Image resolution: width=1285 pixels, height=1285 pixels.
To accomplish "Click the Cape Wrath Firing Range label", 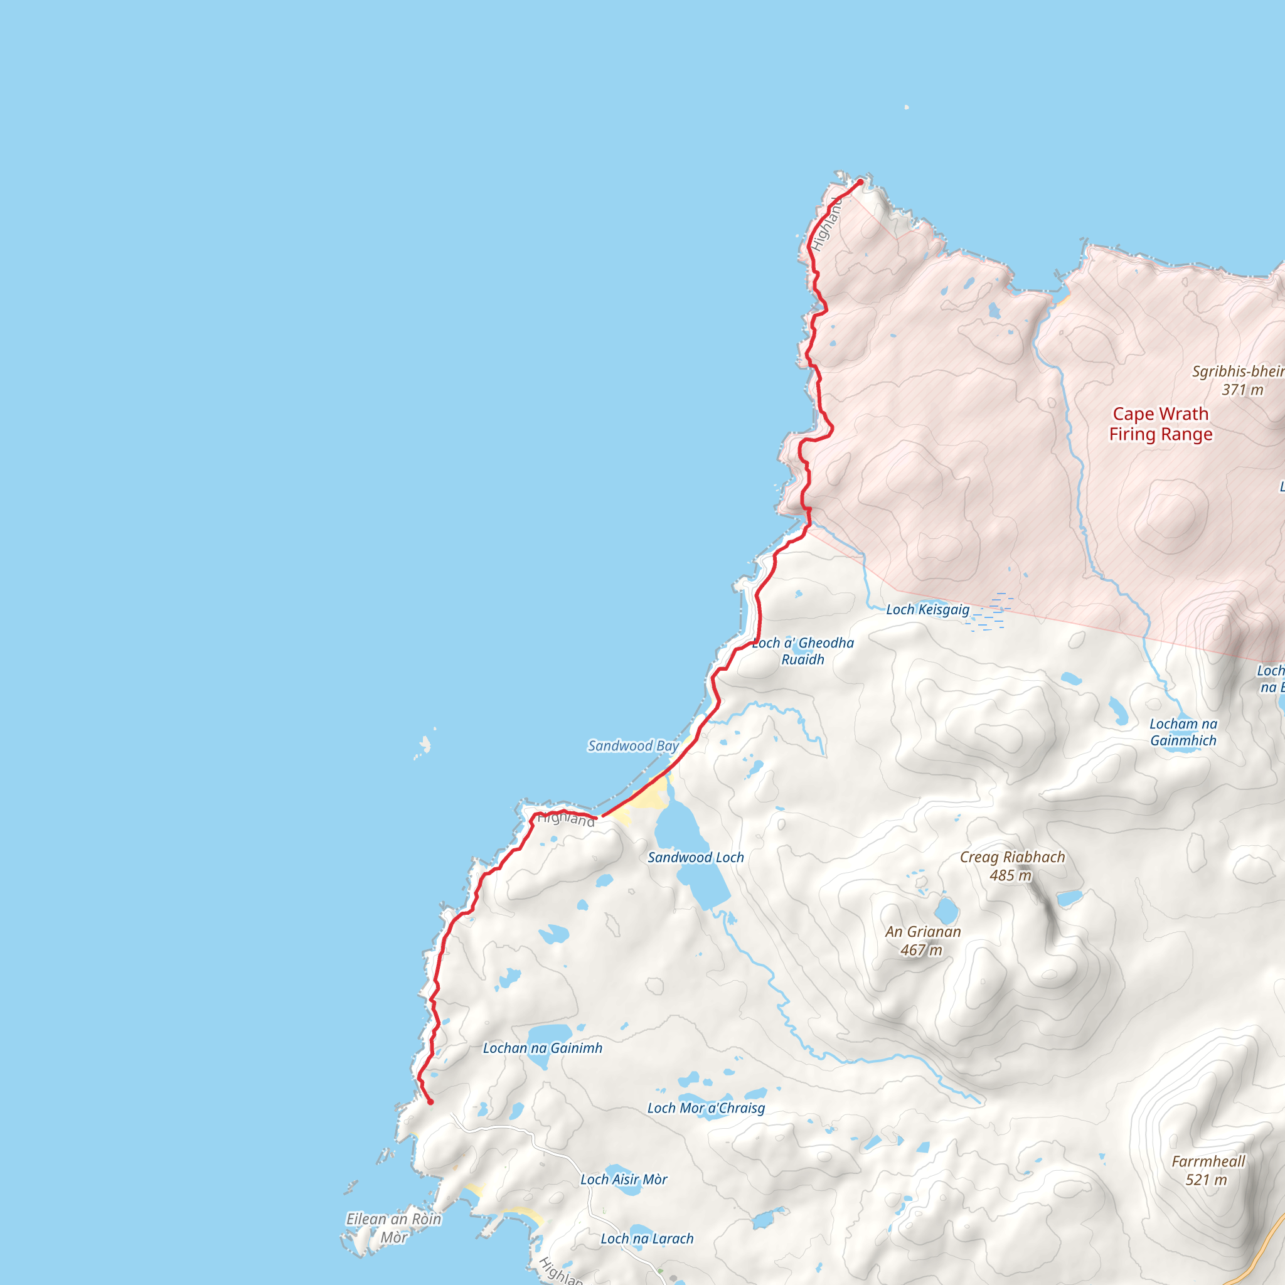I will (x=1161, y=424).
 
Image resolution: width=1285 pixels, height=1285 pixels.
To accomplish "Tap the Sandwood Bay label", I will (x=633, y=745).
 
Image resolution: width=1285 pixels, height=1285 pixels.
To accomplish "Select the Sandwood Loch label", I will (x=696, y=857).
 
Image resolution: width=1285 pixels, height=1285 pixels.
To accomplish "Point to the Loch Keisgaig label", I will (x=928, y=609).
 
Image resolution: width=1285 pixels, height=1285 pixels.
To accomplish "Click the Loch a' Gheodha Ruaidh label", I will (x=802, y=651).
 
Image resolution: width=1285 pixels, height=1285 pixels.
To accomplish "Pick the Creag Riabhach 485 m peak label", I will (x=1011, y=866).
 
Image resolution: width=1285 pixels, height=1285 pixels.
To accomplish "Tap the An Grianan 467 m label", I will (x=922, y=941).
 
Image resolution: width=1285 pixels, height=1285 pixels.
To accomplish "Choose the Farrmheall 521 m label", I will (x=1208, y=1170).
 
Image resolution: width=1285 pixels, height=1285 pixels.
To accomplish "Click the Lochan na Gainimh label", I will (x=542, y=1048).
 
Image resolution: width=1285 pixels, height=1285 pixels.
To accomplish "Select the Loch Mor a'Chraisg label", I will (x=706, y=1107).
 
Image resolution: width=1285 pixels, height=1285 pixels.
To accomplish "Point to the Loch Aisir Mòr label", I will (x=623, y=1179).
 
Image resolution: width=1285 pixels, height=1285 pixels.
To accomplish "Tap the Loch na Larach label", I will (x=646, y=1239).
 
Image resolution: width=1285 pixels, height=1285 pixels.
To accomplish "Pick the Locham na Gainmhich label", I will (x=1183, y=732).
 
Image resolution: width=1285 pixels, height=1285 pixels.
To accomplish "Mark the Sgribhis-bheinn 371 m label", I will (x=1239, y=380).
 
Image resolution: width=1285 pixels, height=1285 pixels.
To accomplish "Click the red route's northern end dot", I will (x=860, y=181).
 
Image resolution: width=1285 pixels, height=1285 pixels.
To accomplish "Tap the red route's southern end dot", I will (x=430, y=1101).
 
